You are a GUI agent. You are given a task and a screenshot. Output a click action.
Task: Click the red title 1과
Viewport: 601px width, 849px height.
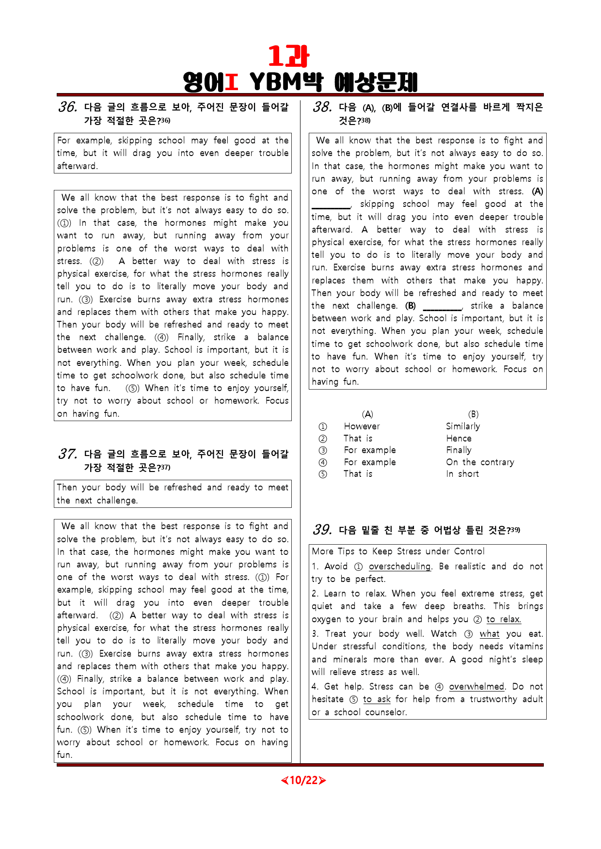point(288,57)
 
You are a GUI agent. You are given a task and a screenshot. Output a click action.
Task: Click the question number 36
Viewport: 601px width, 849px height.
point(68,107)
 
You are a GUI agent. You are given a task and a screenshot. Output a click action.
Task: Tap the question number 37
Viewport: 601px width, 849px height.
point(68,454)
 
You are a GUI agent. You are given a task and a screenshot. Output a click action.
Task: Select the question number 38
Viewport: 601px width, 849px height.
point(322,107)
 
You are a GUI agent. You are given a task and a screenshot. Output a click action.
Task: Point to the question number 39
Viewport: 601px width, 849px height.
point(322,530)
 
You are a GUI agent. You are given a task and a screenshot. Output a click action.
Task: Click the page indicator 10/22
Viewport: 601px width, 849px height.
point(303,780)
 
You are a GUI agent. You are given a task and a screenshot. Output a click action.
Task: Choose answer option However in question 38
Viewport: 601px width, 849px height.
point(362,426)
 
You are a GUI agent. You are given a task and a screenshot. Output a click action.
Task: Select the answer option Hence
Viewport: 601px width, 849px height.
point(459,439)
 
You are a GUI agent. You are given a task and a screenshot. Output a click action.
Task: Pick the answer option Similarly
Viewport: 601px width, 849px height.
point(463,426)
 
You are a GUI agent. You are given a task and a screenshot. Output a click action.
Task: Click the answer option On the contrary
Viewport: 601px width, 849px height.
point(480,462)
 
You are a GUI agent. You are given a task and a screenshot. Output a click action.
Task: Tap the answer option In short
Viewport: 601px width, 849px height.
point(462,474)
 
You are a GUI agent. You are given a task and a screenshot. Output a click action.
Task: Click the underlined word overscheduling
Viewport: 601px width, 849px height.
point(399,566)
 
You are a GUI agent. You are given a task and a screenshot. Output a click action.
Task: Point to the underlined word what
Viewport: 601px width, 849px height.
point(490,634)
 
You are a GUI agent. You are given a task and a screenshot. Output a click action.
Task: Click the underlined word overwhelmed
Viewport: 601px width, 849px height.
point(476,687)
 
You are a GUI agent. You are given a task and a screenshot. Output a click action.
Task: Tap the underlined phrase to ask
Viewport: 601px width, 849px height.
point(377,699)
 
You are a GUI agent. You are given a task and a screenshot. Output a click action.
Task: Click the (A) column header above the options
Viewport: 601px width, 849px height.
point(367,414)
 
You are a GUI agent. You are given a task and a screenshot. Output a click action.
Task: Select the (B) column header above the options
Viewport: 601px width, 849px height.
point(473,414)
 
